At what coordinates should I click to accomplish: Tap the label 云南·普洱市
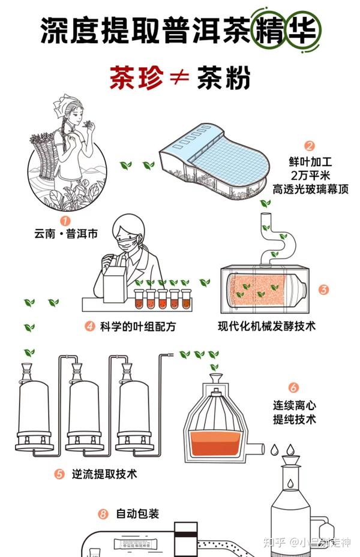(x=66, y=234)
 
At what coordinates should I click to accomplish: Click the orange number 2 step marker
(x=310, y=146)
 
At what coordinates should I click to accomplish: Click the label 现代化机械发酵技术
(x=266, y=327)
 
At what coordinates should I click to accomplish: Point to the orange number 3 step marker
(x=323, y=290)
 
